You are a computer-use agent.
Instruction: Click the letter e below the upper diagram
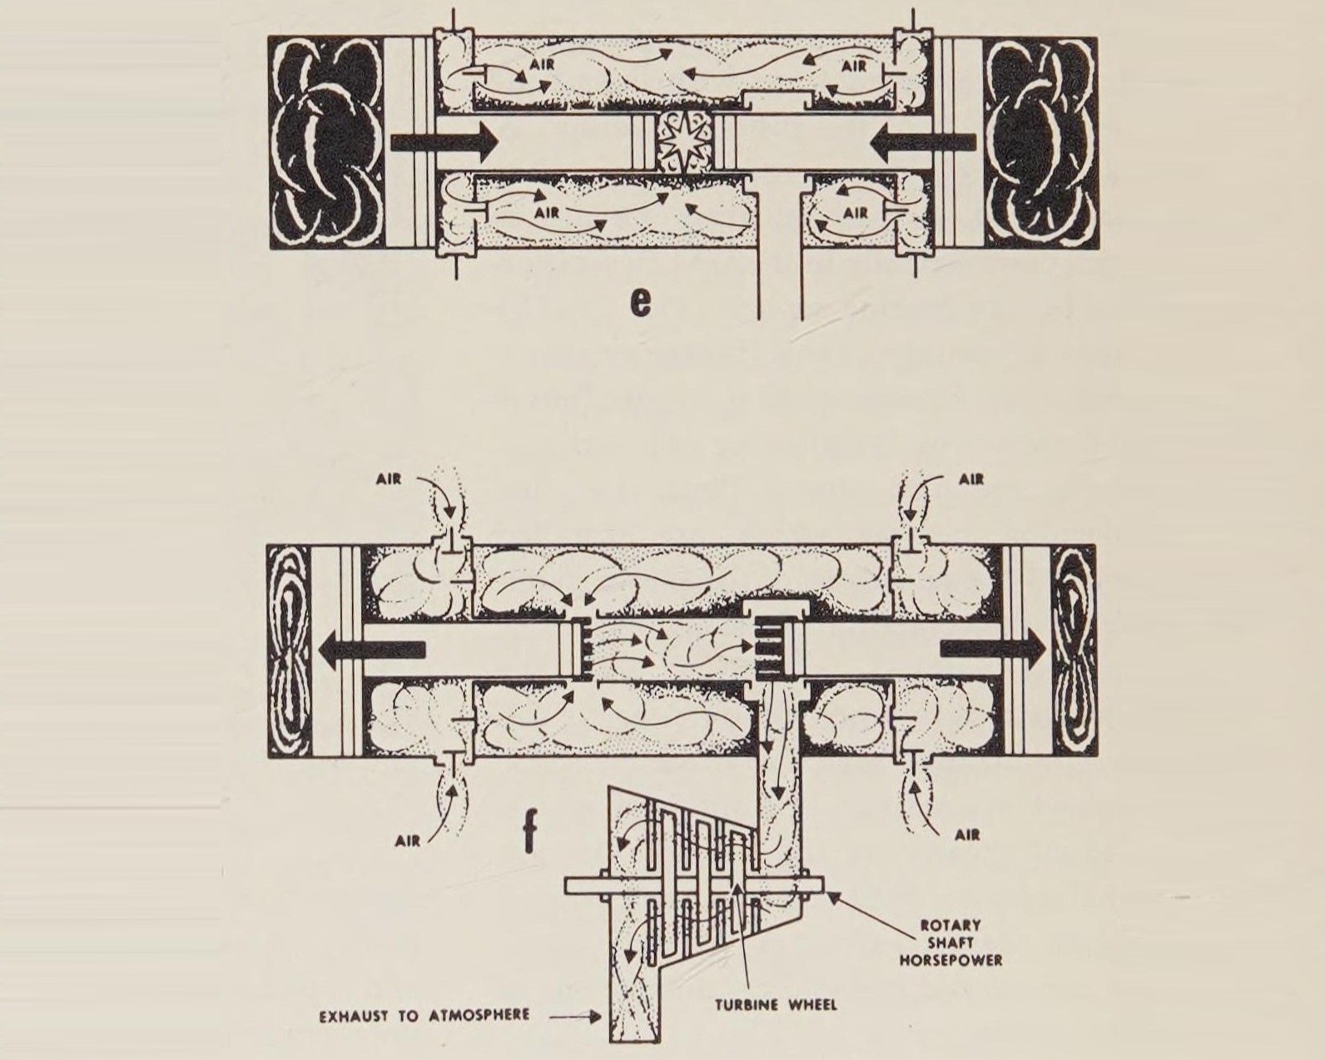click(640, 301)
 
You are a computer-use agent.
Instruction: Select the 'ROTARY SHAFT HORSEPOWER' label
click(950, 942)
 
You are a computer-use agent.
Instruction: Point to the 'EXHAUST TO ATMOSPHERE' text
click(424, 1015)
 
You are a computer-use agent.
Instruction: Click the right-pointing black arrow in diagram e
click(443, 142)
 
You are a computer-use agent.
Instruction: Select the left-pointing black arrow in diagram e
click(922, 143)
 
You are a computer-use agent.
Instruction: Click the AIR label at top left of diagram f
click(387, 478)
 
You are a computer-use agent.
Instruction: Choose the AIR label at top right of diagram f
click(970, 478)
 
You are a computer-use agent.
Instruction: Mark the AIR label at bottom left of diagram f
click(408, 840)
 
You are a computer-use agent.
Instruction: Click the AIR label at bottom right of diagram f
click(967, 835)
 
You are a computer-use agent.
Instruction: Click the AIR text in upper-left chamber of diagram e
click(542, 62)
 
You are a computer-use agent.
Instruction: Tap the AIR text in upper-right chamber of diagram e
click(854, 66)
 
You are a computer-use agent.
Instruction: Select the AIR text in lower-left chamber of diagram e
click(547, 212)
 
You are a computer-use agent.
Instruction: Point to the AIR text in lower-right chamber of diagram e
click(856, 212)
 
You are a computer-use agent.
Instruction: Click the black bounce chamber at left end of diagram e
click(326, 143)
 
